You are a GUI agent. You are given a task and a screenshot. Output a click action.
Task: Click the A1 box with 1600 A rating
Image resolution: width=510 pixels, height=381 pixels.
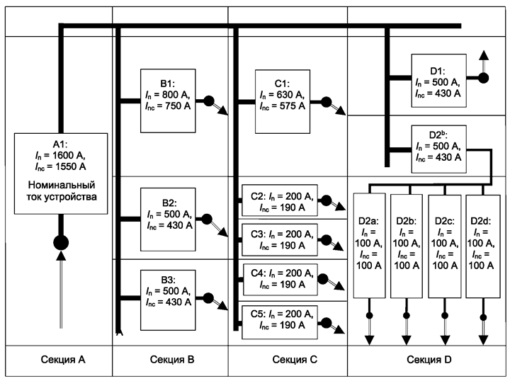[x=61, y=174]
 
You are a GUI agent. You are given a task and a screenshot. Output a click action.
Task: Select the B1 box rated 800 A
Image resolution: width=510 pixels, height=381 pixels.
[x=168, y=101]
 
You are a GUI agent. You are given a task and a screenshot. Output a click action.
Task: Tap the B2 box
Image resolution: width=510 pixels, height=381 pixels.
[x=168, y=220]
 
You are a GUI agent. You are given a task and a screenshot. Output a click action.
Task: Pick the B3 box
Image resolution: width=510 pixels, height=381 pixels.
[x=168, y=300]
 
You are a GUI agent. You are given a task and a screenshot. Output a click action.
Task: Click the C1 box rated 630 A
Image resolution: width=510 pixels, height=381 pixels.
[x=283, y=101]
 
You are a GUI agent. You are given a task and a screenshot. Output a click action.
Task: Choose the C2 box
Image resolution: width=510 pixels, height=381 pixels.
[x=280, y=200]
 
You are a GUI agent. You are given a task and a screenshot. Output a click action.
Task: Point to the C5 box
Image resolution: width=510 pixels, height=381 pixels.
[x=280, y=322]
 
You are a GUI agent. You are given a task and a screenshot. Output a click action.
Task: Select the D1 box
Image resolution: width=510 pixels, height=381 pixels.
[x=438, y=81]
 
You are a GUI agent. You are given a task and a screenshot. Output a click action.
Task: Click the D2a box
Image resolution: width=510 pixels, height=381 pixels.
[x=369, y=246]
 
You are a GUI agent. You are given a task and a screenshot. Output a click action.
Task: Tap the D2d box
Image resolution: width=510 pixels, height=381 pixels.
[x=483, y=246]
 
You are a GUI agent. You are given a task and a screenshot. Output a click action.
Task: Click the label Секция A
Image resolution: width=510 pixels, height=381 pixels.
[x=63, y=360]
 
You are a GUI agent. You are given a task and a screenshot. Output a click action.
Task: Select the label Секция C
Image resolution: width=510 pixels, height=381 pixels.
[x=295, y=360]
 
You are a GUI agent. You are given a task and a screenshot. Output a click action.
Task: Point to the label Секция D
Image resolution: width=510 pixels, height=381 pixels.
[x=429, y=360]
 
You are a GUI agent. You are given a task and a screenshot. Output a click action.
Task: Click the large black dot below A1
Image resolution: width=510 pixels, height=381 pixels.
[x=61, y=242]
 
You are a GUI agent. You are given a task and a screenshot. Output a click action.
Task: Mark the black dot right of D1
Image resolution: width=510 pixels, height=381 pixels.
[x=483, y=78]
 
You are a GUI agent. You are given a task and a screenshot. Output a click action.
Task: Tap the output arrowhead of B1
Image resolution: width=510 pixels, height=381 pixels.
[x=223, y=110]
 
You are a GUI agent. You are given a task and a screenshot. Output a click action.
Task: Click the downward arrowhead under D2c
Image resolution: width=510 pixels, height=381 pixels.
[x=445, y=340]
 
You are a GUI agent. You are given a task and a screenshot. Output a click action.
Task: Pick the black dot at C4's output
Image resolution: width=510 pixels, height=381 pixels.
[x=323, y=279]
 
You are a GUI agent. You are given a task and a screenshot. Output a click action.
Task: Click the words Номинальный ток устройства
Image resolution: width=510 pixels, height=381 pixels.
[x=62, y=190]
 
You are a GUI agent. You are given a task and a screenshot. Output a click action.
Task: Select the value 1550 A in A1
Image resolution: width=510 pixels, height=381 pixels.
[x=71, y=166]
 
